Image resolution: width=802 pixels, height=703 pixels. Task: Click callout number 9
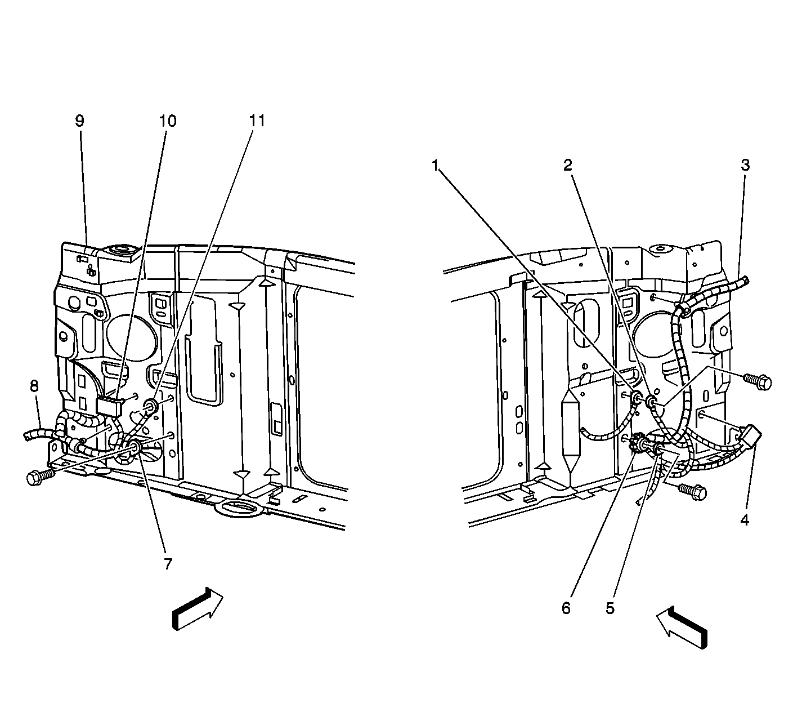79,121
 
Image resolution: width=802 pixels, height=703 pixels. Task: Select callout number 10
167,121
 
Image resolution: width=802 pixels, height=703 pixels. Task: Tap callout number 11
257,120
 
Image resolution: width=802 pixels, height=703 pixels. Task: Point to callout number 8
34,386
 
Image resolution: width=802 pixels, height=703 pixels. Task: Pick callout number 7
168,564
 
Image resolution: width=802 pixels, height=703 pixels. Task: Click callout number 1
434,166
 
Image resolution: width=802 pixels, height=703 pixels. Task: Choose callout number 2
568,165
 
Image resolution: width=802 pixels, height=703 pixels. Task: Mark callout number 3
745,164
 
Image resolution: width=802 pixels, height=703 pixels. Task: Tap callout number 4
745,520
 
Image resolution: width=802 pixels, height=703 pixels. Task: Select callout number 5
610,608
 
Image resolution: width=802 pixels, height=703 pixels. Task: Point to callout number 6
566,608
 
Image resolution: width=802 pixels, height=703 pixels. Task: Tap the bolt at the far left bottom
40,477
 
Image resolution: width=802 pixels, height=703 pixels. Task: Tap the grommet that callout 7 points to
135,446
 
